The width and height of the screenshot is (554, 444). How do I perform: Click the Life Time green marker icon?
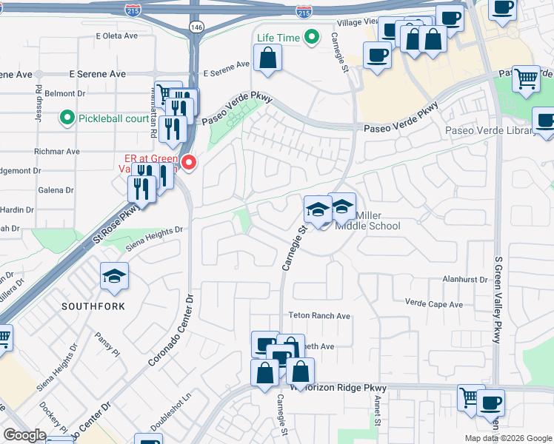pos(313,36)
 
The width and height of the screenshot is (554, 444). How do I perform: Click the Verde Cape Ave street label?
pos(433,303)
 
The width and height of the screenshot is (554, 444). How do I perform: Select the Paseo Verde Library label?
pos(490,131)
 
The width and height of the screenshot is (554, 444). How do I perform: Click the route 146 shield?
pos(196,27)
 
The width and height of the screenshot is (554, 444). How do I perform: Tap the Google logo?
pos(24,435)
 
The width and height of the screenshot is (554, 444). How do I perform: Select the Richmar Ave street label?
pos(62,151)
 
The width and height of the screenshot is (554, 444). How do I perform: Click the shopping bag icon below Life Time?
pos(267,58)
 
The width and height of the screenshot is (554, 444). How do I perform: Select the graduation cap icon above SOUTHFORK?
pos(114,277)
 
